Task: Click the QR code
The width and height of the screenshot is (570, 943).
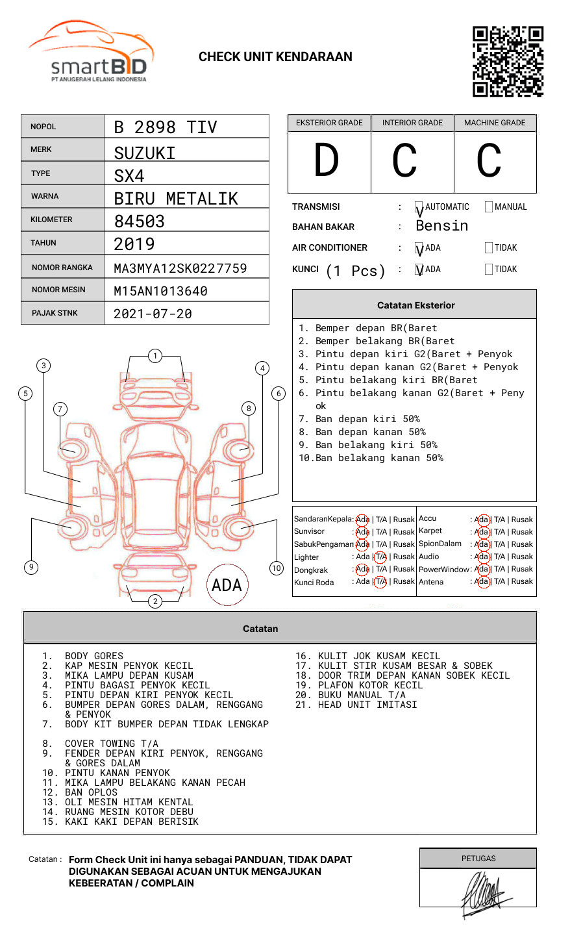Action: [508, 62]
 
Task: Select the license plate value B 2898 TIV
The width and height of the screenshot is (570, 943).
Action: [166, 127]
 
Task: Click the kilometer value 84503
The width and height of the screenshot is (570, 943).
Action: [139, 221]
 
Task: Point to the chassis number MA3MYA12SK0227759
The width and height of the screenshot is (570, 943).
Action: [180, 268]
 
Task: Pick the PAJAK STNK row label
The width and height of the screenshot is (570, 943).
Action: [55, 313]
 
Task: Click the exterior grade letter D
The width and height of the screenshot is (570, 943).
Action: [327, 160]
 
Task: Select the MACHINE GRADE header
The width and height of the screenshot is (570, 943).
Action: [495, 123]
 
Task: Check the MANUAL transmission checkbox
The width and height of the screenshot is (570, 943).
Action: [489, 207]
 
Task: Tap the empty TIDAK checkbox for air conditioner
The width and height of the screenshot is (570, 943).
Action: [489, 247]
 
